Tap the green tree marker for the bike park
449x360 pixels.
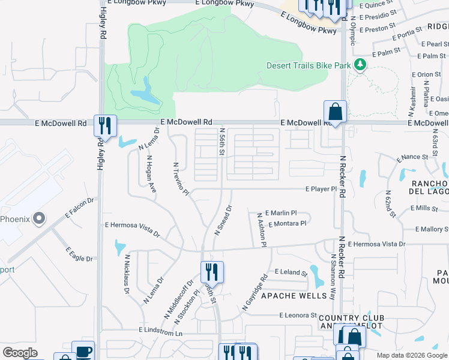[x=360, y=64]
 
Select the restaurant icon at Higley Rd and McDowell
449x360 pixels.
[x=105, y=125]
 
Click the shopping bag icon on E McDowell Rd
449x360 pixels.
[x=335, y=112]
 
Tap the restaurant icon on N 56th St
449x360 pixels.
[x=212, y=272]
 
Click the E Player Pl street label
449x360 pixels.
[x=321, y=189]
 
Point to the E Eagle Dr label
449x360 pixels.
[x=79, y=254]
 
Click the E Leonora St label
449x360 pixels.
[x=298, y=315]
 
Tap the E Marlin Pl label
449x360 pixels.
[x=280, y=213]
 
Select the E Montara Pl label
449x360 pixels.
[x=287, y=224]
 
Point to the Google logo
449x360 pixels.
[x=20, y=353]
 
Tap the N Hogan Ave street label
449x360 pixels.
[x=151, y=175]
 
